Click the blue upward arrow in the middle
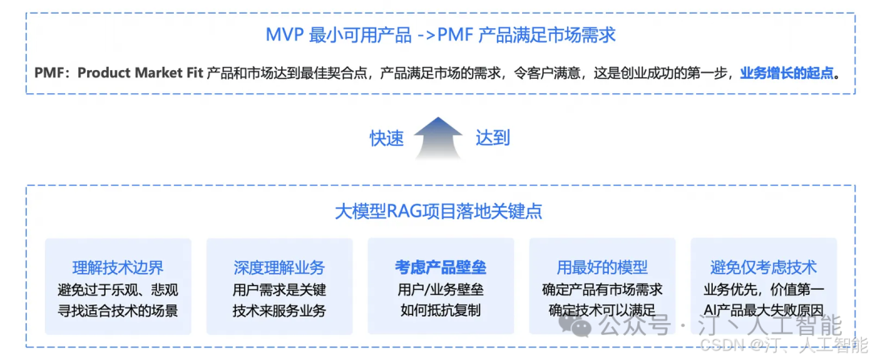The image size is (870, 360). coord(439,138)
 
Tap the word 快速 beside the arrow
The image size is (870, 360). coord(387,138)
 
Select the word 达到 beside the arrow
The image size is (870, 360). coord(492,138)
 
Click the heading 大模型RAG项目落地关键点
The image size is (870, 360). coord(439,211)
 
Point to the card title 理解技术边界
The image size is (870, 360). coord(118,268)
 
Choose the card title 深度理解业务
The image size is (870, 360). coord(279,268)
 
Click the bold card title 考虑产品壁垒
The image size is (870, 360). coord(441,268)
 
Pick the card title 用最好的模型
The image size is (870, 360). coord(602,268)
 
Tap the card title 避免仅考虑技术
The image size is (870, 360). coord(764,268)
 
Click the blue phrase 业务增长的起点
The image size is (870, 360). coord(787,73)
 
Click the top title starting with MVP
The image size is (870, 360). coord(441,35)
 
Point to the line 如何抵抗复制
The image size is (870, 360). coord(441,310)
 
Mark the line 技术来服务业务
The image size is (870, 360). coord(279,310)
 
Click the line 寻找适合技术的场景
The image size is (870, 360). coord(118,310)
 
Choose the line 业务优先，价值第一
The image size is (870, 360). coord(764,290)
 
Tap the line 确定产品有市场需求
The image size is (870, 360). coord(602,290)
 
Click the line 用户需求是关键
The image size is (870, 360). coord(279,290)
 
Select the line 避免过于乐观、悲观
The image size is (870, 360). coord(118,290)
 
